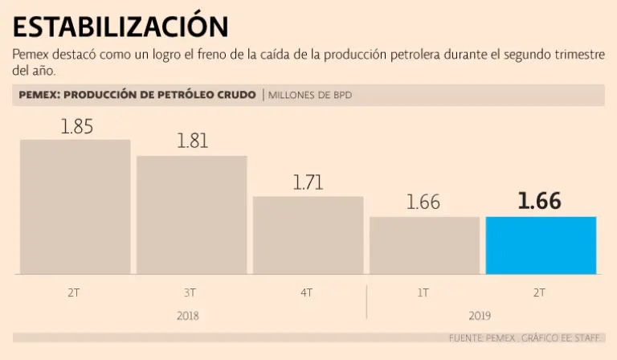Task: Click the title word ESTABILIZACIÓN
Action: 121,27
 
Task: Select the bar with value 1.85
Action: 75,207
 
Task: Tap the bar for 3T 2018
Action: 191,215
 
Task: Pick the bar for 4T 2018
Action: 308,235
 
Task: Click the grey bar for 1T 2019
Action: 424,245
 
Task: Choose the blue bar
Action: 541,245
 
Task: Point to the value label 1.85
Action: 77,126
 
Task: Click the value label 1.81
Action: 192,141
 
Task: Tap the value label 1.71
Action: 308,182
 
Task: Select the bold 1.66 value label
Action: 539,202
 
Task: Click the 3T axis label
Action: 190,293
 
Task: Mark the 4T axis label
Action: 307,293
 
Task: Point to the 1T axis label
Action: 423,293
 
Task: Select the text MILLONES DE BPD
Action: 309,96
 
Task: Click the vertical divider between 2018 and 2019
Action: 366,301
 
